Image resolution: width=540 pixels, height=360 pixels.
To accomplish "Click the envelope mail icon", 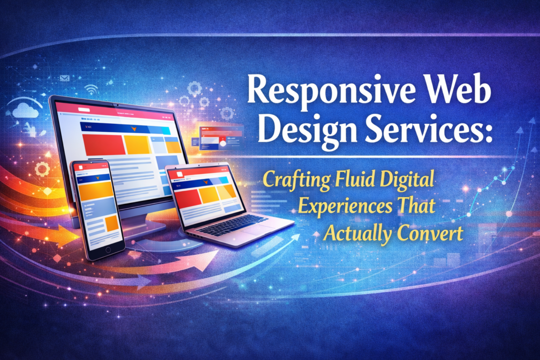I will (x=65, y=78).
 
